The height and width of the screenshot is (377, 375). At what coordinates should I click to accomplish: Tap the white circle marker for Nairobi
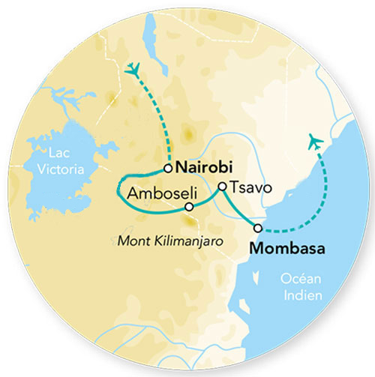[x=169, y=168]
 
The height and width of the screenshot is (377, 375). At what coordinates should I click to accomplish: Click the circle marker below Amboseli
[x=189, y=206]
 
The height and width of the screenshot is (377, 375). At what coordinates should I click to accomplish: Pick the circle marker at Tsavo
[x=222, y=187]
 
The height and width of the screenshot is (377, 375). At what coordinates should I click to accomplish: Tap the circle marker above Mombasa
[x=258, y=227]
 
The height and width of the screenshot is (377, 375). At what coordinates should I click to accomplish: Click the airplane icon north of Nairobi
[x=134, y=69]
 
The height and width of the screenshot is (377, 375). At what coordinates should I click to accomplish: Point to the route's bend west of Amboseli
[x=118, y=190]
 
